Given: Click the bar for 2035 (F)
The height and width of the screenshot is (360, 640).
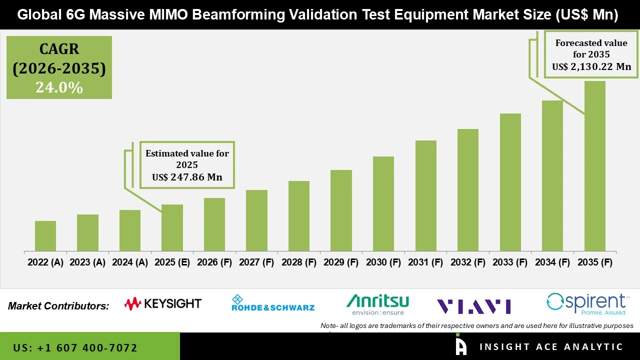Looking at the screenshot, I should point(594,166).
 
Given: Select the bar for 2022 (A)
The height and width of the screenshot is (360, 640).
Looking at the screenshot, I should point(45,236).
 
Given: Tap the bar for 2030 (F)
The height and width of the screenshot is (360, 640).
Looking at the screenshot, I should point(383,203).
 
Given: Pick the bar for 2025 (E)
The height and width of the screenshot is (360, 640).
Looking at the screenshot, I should point(172,227).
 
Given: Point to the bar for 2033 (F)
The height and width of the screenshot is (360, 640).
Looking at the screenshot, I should point(510,182).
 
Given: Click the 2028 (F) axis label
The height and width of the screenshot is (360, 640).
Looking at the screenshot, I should point(298,262).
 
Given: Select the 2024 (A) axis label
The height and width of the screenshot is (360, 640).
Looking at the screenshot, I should point(129,262).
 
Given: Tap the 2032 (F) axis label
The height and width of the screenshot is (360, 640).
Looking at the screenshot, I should point(467,262).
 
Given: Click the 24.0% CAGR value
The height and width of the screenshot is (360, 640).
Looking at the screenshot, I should point(59,88).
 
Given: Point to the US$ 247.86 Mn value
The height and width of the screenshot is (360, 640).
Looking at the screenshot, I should point(187,177).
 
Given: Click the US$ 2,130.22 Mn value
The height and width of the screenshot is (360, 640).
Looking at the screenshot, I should point(591,66).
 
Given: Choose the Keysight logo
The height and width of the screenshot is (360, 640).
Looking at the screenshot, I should point(162,303).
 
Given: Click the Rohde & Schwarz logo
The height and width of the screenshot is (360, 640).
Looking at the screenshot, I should point(272,303).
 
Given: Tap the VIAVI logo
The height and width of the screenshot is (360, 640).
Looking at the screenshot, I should point(473,306).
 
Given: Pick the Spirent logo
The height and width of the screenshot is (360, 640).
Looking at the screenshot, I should point(586,304).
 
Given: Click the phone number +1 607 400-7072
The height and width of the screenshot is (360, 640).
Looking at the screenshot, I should point(75,347).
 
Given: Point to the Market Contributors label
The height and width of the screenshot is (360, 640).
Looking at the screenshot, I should point(58,306).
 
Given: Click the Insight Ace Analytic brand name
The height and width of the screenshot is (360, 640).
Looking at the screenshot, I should point(551,347).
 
